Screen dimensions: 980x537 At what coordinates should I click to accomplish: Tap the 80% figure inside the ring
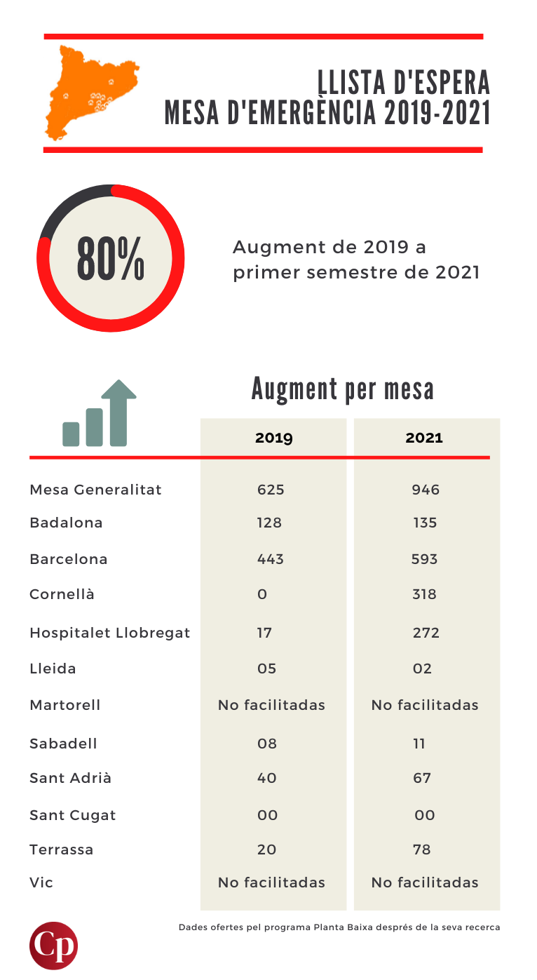pos(111,258)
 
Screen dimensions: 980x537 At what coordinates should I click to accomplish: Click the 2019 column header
pos(273,438)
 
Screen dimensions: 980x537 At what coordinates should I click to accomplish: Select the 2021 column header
pos(424,438)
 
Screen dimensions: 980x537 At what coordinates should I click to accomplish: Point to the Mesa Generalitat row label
pos(95,490)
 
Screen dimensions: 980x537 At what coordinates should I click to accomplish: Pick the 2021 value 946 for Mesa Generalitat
pos(426,490)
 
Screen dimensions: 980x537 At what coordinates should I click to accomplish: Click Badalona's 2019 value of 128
pos(269,523)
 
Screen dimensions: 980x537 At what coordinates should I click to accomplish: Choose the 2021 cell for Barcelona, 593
pos(425,559)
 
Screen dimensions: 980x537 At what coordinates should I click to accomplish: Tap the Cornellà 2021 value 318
pos(425,594)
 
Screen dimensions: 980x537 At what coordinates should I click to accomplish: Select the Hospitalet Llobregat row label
pos(109,633)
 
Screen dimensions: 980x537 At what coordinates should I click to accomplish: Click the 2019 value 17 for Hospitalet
pos(264,633)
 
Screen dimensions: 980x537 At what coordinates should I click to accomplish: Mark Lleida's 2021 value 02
pos(422,669)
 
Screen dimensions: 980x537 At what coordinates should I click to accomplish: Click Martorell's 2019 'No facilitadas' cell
pos(271,705)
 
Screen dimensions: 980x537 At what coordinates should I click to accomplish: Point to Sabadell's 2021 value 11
pos(419,744)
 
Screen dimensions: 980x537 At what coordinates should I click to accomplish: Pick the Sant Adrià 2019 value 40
pos(267,778)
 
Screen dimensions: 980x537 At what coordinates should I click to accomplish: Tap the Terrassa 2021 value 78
pos(422,850)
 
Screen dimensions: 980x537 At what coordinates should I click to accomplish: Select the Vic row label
pos(41,882)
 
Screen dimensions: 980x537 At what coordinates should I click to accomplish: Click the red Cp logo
pos(54,946)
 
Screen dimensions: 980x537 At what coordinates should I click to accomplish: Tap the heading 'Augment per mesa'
pos(342,389)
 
